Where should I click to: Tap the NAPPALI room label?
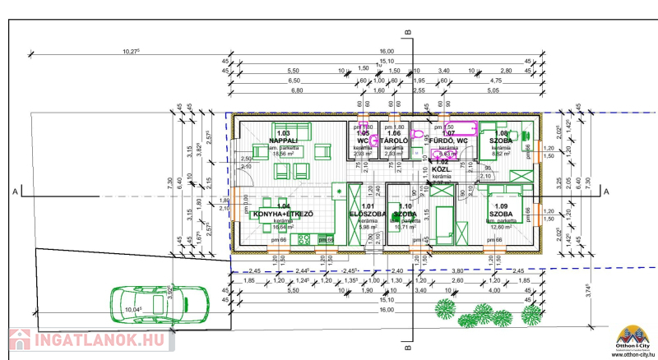click(284, 141)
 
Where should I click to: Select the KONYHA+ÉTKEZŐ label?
click(283, 214)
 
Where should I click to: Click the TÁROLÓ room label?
click(394, 141)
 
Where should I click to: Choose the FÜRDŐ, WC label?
click(449, 141)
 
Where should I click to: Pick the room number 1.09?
click(502, 206)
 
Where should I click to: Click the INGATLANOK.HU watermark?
click(86, 339)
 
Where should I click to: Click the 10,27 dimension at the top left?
click(131, 51)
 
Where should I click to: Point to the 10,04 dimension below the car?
click(133, 310)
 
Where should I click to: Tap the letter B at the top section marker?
click(409, 33)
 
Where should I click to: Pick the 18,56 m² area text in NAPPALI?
click(284, 154)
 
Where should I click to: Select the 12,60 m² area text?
click(503, 228)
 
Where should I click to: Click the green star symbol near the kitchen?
click(338, 191)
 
